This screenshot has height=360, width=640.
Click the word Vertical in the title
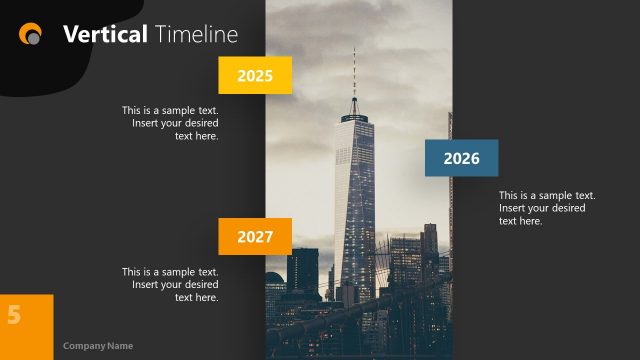click(104, 34)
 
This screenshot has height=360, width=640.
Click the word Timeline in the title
click(196, 34)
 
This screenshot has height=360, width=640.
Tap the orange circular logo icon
click(31, 34)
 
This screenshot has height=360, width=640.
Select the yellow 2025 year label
click(254, 75)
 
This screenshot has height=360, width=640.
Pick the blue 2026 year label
click(461, 158)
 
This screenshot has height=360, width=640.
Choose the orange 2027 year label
click(254, 237)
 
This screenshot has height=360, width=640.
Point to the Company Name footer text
click(98, 346)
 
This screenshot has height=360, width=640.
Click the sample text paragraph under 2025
click(170, 123)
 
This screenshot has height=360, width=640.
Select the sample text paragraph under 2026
click(547, 208)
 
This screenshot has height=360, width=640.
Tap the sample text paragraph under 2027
click(170, 284)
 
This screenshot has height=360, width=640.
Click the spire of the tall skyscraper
click(353, 75)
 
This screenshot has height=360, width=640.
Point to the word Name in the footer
click(120, 346)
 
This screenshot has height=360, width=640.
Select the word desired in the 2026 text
click(568, 208)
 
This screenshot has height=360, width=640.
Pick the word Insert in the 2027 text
click(146, 284)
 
